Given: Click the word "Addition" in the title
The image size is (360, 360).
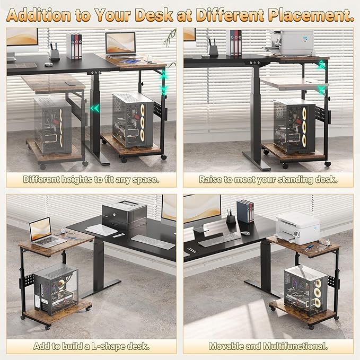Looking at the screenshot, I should (x=40, y=14).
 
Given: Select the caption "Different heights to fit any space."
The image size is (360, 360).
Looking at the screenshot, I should (x=91, y=179).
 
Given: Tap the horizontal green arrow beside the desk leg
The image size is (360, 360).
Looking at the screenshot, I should (x=95, y=108).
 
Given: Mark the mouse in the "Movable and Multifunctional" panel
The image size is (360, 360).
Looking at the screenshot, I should (x=245, y=232).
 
